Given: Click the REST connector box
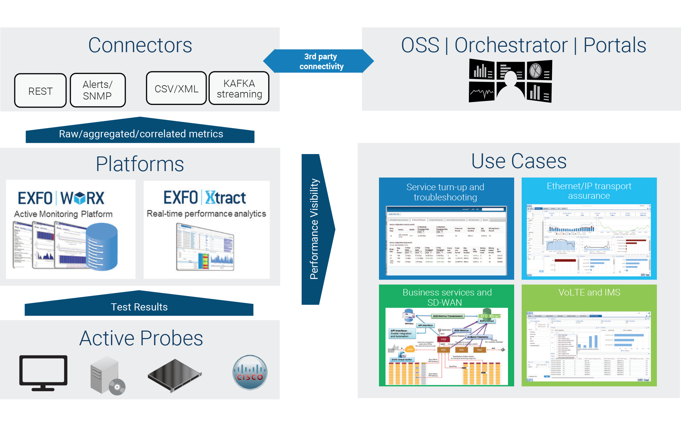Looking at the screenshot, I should tap(40, 91).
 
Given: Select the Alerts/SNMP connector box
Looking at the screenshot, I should tap(98, 90).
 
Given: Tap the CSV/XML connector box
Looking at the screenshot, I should tap(176, 89).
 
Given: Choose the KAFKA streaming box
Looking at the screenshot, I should tap(239, 88).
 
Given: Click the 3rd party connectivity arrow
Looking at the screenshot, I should tap(320, 61).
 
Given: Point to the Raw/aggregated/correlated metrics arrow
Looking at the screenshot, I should tap(140, 133).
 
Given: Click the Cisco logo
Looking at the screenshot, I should tap(250, 372).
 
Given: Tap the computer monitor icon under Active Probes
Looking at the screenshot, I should tap(43, 372).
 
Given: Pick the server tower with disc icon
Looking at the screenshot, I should tap(107, 375).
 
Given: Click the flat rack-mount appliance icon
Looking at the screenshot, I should tap(175, 375).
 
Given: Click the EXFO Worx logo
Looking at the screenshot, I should tap(61, 198).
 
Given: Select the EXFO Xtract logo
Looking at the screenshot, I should tap(205, 198).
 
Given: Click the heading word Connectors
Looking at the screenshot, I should tap(140, 45).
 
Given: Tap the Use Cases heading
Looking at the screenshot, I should tap(519, 161).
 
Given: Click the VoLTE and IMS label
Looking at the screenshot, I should tap(589, 292).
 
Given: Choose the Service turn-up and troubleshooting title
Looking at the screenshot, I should tap(445, 192).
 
